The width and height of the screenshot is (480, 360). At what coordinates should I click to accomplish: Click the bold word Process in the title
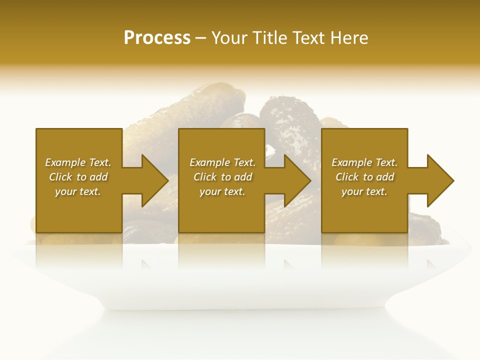[157, 38]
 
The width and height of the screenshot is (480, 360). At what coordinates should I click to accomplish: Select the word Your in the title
[230, 38]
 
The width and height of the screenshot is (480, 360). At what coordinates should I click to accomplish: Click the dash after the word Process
[200, 38]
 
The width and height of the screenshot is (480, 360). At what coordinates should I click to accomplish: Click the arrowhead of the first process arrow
[155, 180]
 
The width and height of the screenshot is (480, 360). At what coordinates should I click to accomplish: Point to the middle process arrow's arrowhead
[297, 180]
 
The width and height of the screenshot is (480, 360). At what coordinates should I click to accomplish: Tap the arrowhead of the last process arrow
[440, 180]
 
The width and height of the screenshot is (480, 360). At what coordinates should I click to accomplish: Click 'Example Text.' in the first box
[78, 162]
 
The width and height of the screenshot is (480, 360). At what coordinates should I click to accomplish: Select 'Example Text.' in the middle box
[222, 162]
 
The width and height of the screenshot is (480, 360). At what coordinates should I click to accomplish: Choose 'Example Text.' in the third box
[364, 162]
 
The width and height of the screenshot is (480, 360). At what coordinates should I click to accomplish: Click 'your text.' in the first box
[78, 191]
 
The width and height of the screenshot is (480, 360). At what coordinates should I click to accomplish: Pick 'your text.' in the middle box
[222, 191]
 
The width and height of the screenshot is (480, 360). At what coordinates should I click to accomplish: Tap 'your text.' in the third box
[364, 191]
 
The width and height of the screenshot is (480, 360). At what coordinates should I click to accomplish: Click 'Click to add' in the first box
[78, 177]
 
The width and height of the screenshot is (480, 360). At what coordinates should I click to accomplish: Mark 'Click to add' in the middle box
[222, 177]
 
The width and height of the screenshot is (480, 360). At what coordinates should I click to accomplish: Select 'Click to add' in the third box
[364, 177]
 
